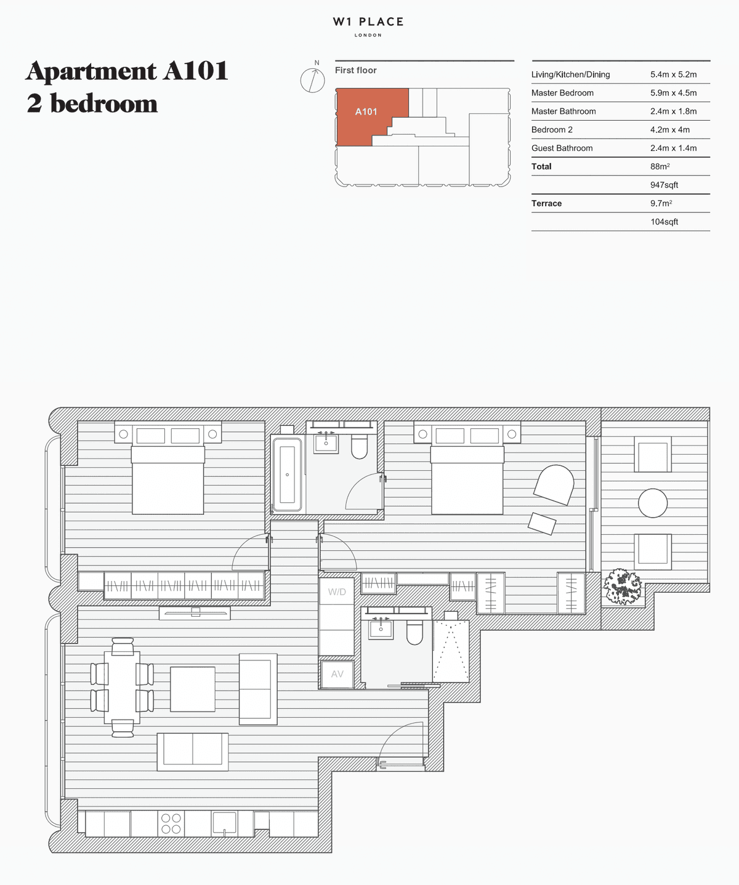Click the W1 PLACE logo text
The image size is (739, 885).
click(x=368, y=22)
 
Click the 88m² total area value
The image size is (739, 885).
click(x=660, y=167)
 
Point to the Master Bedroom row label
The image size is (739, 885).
click(x=562, y=93)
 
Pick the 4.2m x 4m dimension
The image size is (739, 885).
click(x=670, y=130)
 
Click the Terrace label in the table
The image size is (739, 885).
click(x=546, y=204)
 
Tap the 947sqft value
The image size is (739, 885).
click(x=664, y=185)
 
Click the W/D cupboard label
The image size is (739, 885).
click(x=337, y=591)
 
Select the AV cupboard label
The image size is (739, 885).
click(x=337, y=674)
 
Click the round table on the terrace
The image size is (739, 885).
click(x=652, y=503)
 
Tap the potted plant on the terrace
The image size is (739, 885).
click(x=621, y=586)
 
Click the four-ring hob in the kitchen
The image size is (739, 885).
click(x=171, y=823)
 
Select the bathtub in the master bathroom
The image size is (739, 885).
click(x=287, y=475)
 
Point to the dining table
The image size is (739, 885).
click(x=122, y=687)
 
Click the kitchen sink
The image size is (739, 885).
click(x=224, y=823)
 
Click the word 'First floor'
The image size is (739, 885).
click(x=355, y=70)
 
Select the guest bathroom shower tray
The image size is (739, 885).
click(x=451, y=651)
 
